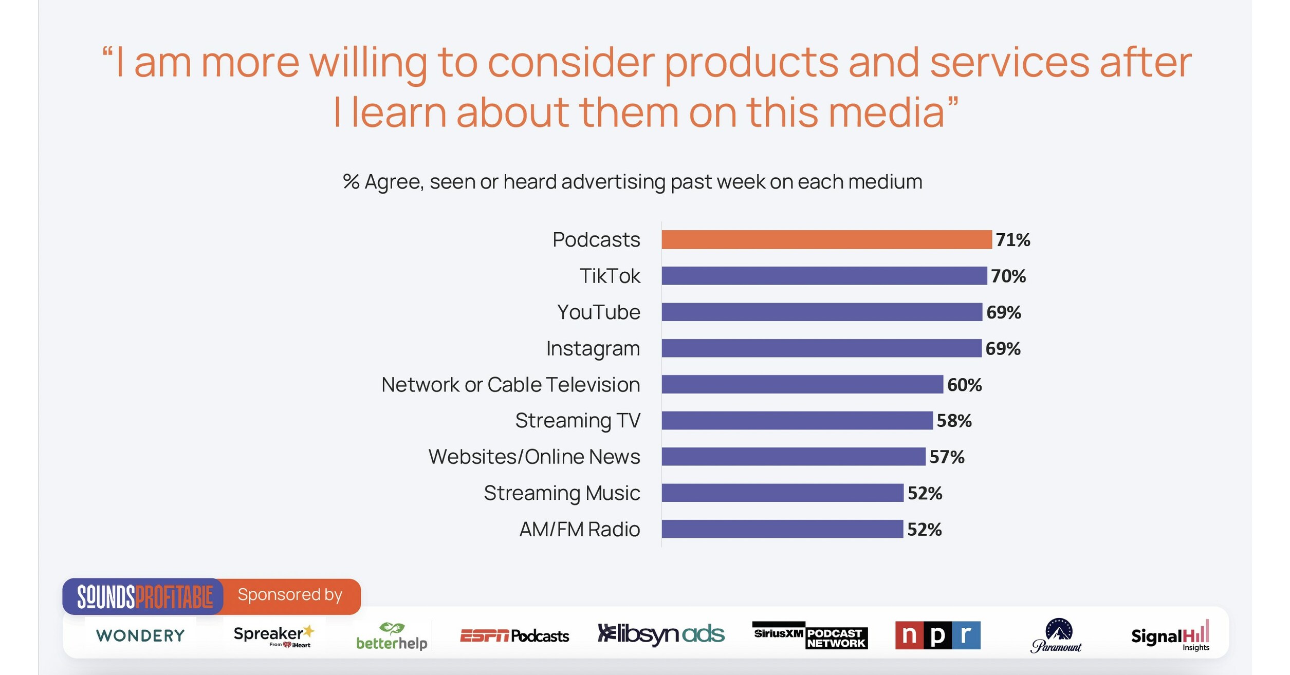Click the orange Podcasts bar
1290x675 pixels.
[x=826, y=240]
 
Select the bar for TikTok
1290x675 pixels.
[x=824, y=276]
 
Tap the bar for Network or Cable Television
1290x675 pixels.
[x=802, y=384]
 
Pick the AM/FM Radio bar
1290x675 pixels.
[x=782, y=529]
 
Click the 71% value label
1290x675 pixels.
[x=1012, y=240]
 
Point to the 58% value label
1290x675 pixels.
[x=954, y=421]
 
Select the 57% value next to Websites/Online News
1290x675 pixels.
[x=947, y=457]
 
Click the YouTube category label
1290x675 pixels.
[x=598, y=312]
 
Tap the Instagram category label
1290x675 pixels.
[x=593, y=349]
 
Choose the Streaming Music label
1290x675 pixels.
[x=561, y=493]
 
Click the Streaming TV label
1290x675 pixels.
[x=577, y=421]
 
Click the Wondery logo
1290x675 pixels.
[x=140, y=635]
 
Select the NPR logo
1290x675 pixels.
[x=937, y=635]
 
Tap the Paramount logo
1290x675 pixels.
[x=1057, y=636]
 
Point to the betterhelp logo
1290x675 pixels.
[x=392, y=637]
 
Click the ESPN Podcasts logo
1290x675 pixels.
[x=514, y=636]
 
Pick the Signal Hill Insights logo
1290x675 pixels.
[x=1170, y=636]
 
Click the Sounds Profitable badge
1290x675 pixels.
[x=144, y=596]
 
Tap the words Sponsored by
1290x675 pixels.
[x=290, y=595]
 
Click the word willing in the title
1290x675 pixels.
[x=367, y=63]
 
